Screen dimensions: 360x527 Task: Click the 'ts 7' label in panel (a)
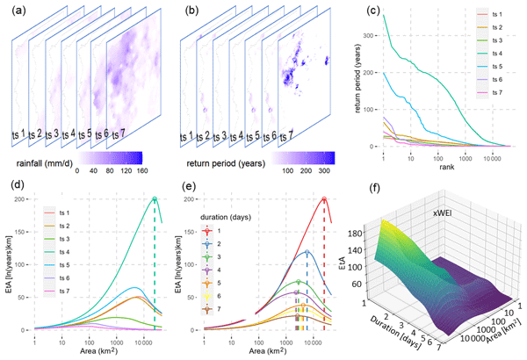(x=119, y=133)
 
